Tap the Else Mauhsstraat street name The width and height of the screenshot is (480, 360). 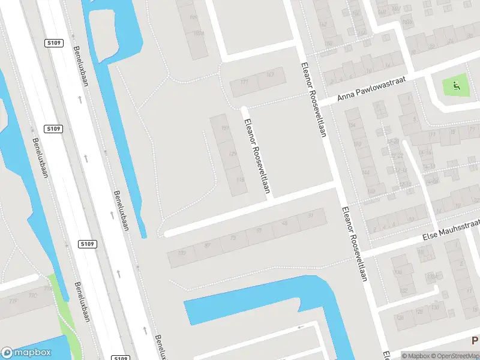coord(452,229)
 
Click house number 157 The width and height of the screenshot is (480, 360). coord(225,128)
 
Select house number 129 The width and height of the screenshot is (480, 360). coord(233,154)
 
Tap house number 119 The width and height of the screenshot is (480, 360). coord(240,179)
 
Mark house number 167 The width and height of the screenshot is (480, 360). coord(270,74)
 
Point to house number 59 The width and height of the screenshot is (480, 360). coord(259,230)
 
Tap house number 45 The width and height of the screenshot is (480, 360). coord(284,223)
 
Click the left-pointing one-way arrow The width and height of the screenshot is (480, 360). coord(301,327)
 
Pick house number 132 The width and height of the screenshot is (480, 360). coord(404,290)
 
